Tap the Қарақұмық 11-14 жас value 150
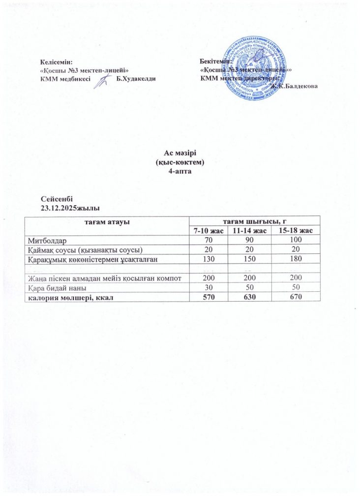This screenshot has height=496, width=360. pyautogui.click(x=250, y=258)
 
